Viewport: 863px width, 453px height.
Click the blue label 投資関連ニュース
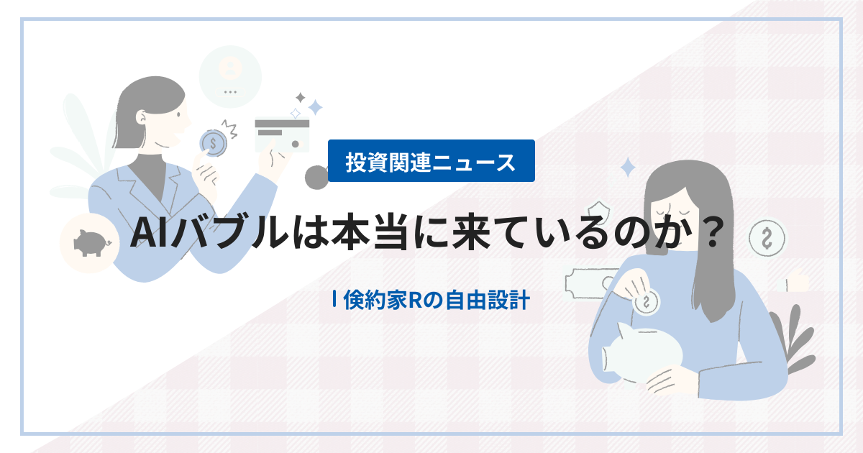pos(431,160)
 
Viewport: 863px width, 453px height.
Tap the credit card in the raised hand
pos(282,134)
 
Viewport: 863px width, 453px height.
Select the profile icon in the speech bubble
pos(230,68)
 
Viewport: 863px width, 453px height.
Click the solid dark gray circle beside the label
pos(316,176)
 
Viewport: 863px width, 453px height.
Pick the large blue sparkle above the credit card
pos(314,108)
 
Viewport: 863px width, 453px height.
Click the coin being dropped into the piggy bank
pos(647,301)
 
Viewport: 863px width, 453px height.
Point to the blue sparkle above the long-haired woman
pos(628,168)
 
